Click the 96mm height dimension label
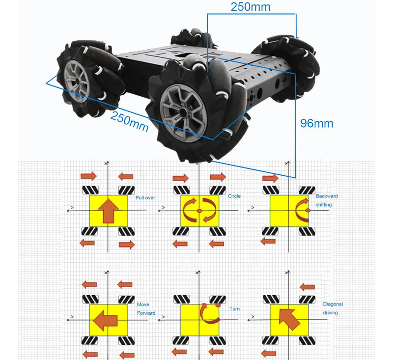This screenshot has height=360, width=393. (x=316, y=123)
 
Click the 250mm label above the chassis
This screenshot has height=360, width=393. (x=250, y=7)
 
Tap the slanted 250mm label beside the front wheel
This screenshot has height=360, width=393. (x=129, y=121)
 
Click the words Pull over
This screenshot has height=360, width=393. (x=145, y=198)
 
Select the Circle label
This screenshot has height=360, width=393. (x=234, y=196)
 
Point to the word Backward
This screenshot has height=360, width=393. (x=327, y=196)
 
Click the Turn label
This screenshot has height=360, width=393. (x=234, y=309)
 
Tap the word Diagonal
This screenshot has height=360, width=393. (x=333, y=305)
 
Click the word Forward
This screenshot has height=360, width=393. (x=146, y=313)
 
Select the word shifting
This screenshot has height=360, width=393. (x=325, y=204)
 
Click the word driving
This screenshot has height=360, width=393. (x=330, y=313)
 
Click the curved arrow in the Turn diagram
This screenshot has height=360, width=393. (x=208, y=313)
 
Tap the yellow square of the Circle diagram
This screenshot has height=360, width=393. (x=199, y=211)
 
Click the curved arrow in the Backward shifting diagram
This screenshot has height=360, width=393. (x=303, y=210)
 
